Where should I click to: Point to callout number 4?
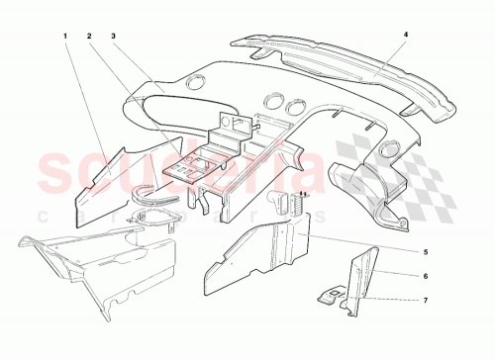pyautogui.click(x=405, y=35)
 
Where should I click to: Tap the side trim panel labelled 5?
pyautogui.click(x=259, y=247)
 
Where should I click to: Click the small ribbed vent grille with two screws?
pyautogui.click(x=295, y=203)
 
